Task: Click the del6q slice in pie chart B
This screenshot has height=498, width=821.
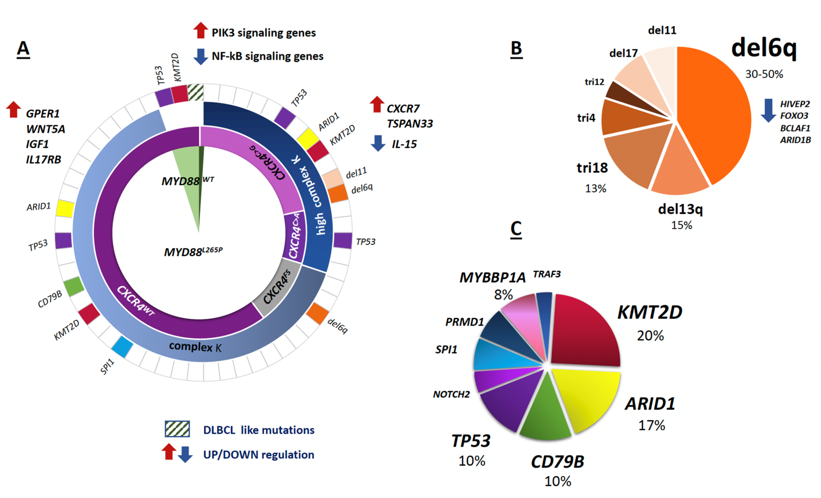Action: tap(713, 113)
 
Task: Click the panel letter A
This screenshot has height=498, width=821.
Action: tap(23, 49)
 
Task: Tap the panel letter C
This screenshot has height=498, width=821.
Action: tap(516, 229)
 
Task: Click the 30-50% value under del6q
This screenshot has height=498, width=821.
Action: tap(764, 74)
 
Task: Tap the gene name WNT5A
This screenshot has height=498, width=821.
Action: tap(46, 129)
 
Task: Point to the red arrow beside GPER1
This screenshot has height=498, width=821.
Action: tap(14, 109)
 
